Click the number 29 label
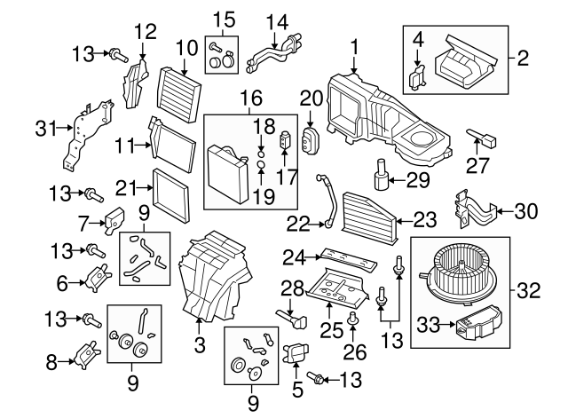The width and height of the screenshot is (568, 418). tap(417, 181)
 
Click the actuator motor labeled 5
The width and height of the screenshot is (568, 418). tap(296, 356)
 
